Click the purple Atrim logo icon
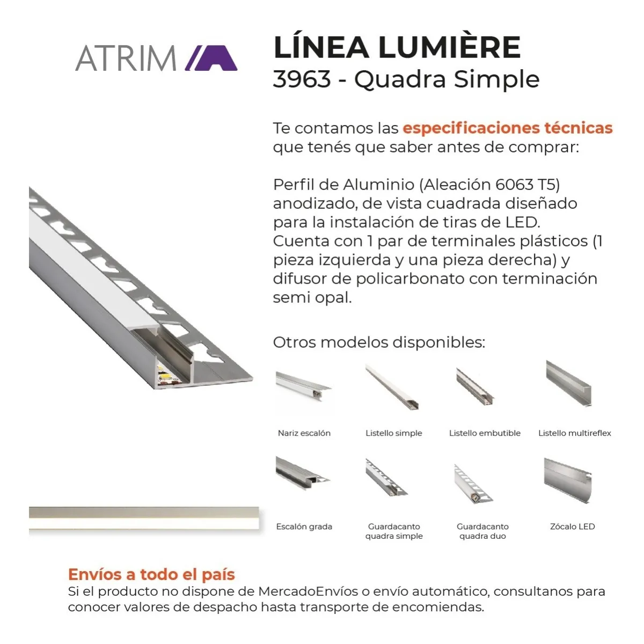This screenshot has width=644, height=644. [211, 58]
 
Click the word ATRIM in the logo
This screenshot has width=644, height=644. [126, 58]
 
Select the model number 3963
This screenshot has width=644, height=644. [302, 79]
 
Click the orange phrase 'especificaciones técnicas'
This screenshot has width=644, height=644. [508, 128]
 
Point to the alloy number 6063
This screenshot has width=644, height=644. [514, 185]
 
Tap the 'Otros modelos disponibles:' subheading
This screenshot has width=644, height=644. [379, 342]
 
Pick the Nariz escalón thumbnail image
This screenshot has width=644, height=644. [303, 387]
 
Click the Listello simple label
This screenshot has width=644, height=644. [394, 433]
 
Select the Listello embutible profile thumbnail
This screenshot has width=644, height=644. [475, 386]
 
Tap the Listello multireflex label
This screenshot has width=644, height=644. [574, 433]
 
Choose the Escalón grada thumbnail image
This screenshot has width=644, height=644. [303, 473]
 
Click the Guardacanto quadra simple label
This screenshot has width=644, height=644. [394, 531]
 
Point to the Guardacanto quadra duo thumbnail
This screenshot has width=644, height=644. [473, 484]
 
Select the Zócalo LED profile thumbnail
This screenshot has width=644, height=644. [568, 480]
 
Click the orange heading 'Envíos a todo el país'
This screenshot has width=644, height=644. [151, 574]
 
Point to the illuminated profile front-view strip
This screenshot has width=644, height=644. [144, 518]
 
